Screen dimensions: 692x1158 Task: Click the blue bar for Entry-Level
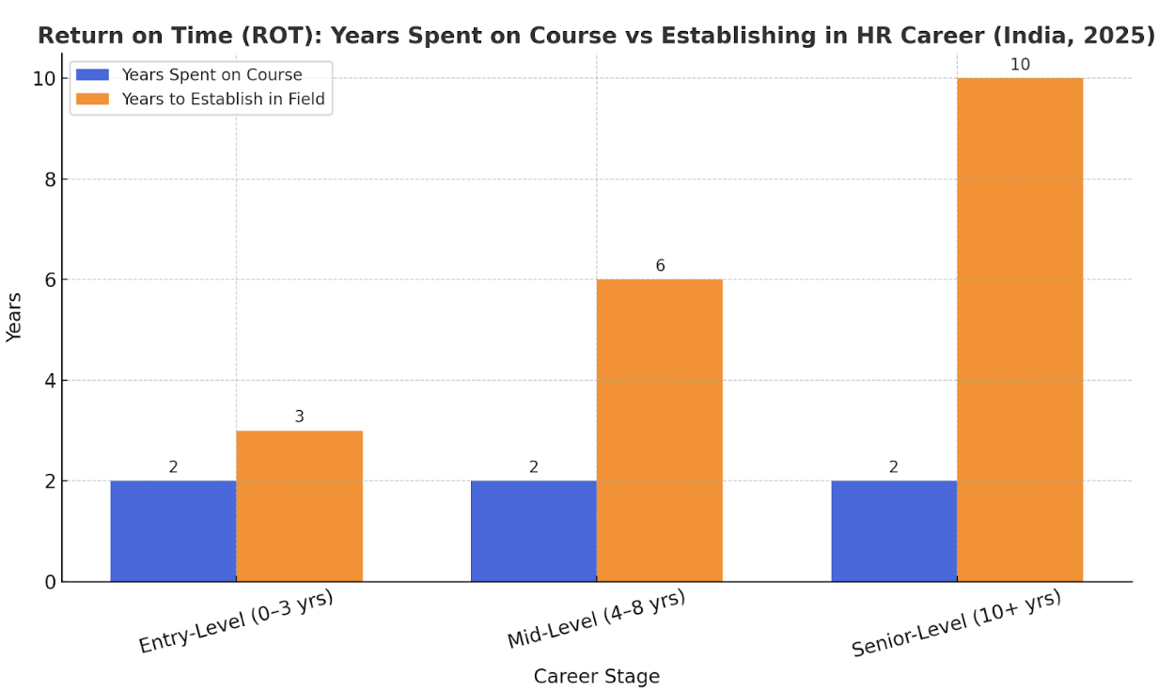(173, 531)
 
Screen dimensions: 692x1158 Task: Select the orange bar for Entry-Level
(299, 506)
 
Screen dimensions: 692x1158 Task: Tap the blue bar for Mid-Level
(533, 531)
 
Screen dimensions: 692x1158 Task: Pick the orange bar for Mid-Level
(659, 431)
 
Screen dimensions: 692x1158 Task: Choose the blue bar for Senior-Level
(894, 531)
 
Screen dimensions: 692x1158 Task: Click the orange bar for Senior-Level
(1020, 329)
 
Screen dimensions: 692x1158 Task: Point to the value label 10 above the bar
(1020, 65)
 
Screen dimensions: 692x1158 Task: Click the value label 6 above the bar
(660, 266)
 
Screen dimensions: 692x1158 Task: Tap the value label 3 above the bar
(299, 417)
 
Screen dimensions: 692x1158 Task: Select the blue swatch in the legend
(92, 75)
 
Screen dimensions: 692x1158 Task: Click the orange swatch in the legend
(92, 99)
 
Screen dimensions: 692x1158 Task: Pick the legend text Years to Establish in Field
(223, 99)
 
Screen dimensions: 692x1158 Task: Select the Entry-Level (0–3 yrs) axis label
(236, 621)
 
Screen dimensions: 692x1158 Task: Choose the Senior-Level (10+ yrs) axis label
(956, 622)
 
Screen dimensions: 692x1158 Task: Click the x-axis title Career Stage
(597, 676)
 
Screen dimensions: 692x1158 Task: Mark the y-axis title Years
(14, 317)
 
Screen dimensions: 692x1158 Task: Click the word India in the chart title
(1039, 36)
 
